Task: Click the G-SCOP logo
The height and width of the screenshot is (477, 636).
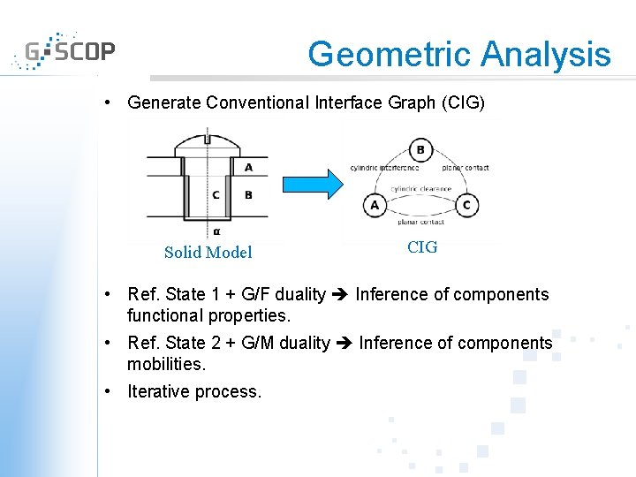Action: point(65,51)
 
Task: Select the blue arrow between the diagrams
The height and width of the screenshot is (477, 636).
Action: point(312,184)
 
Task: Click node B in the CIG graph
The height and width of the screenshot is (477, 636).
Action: point(420,150)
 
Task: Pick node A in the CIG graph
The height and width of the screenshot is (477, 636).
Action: point(375,206)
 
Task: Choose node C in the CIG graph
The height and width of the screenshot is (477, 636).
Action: point(466,206)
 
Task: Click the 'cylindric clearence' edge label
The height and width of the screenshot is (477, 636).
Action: point(420,188)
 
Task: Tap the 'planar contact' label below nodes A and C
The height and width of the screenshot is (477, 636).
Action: point(420,223)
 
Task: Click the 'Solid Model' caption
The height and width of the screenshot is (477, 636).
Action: point(208,253)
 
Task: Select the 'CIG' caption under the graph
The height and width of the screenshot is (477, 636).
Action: point(421,247)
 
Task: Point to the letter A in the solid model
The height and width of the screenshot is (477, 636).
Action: point(248,167)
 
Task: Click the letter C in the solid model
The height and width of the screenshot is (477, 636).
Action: point(216,195)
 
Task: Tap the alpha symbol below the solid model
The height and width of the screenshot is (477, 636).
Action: point(216,232)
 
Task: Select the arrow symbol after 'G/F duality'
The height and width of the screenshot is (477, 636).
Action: point(340,295)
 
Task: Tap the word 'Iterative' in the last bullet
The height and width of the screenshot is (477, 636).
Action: point(160,391)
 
